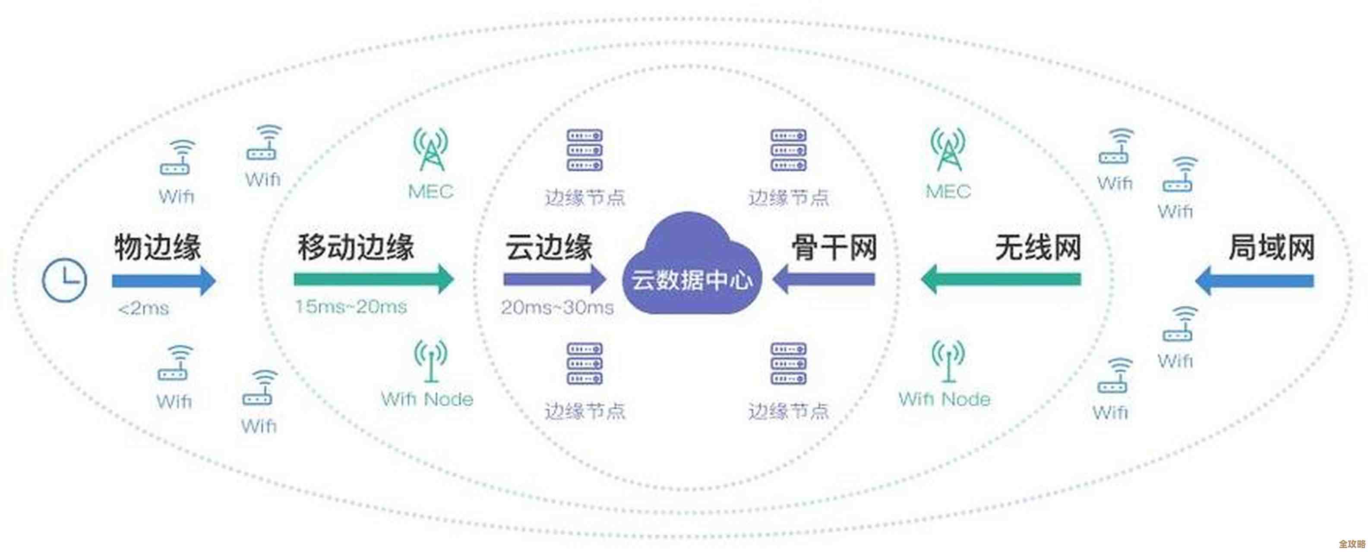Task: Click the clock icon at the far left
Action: (64, 280)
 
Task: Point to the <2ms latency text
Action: (143, 308)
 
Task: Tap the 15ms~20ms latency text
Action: (351, 306)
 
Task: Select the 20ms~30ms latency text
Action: (557, 307)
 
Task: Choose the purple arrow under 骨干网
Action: (824, 279)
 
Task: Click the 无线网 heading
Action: (1038, 248)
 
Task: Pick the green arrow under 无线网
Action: (1001, 279)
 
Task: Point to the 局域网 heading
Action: (1271, 248)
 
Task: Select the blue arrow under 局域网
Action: (1254, 280)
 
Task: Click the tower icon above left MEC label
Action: (431, 149)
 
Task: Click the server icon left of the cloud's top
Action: (584, 150)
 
